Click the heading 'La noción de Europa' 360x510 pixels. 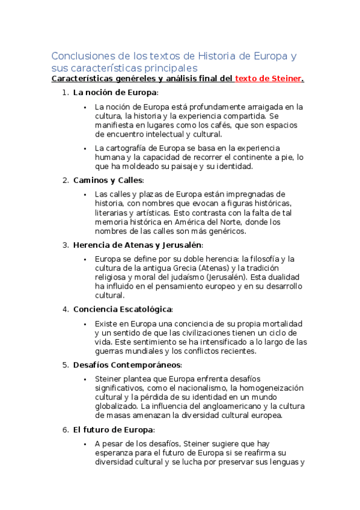click(x=115, y=93)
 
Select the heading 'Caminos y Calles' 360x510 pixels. click(x=108, y=180)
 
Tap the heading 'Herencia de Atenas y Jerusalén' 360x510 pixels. click(x=138, y=245)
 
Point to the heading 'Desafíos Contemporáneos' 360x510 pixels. click(x=127, y=365)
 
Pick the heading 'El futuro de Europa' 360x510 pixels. click(x=114, y=430)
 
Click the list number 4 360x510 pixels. click(x=65, y=309)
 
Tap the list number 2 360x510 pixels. click(x=65, y=180)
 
